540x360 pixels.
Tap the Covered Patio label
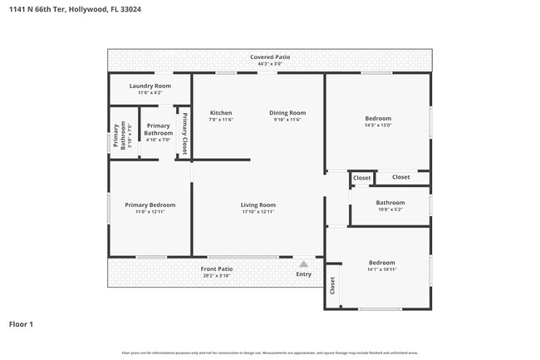[270, 57]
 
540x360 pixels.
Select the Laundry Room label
[150, 86]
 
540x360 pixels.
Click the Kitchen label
[220, 113]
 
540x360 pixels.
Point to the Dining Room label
[287, 113]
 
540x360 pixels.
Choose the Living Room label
[258, 205]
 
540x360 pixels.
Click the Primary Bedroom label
[150, 205]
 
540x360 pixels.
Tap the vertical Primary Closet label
[184, 135]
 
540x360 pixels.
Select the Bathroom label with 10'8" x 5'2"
[390, 202]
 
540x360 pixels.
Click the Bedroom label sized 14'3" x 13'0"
[378, 118]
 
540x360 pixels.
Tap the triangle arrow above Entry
[303, 264]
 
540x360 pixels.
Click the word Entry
[303, 274]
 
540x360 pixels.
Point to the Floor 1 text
[21, 323]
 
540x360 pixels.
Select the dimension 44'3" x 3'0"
[270, 63]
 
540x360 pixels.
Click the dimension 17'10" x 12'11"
[258, 212]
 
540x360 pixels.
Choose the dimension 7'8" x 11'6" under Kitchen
[220, 120]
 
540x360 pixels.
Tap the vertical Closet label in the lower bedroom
[332, 286]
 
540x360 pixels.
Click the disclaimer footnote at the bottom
[270, 353]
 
